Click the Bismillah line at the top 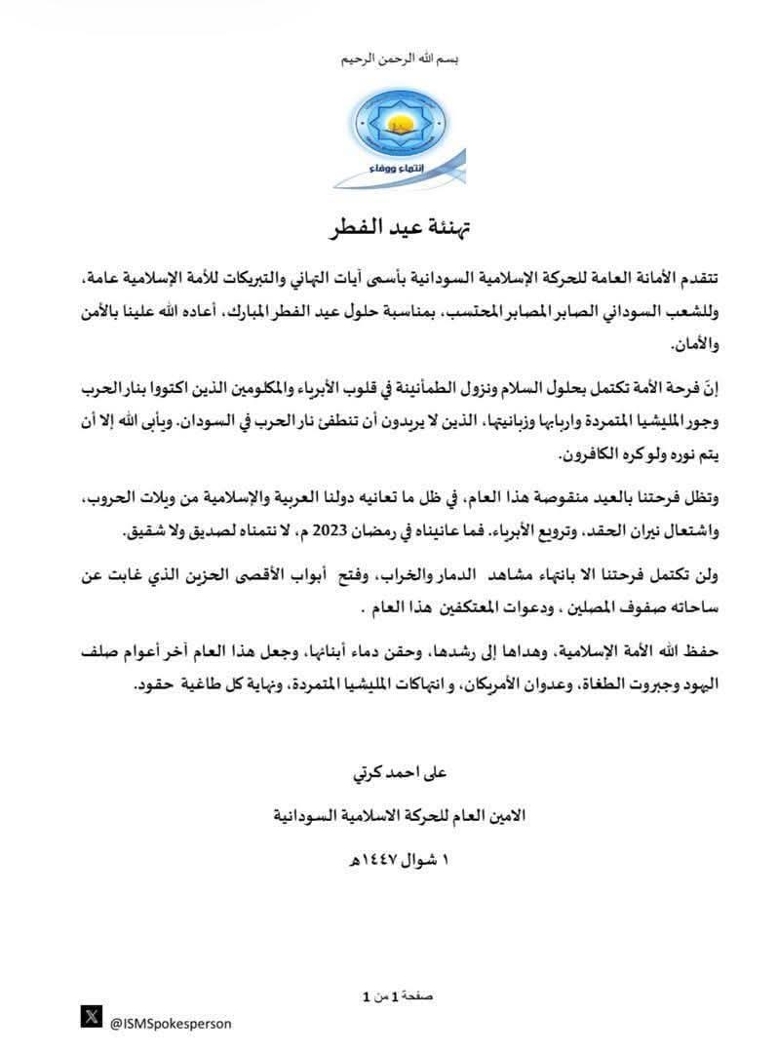[399, 59]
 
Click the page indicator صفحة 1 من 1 [397, 995]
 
